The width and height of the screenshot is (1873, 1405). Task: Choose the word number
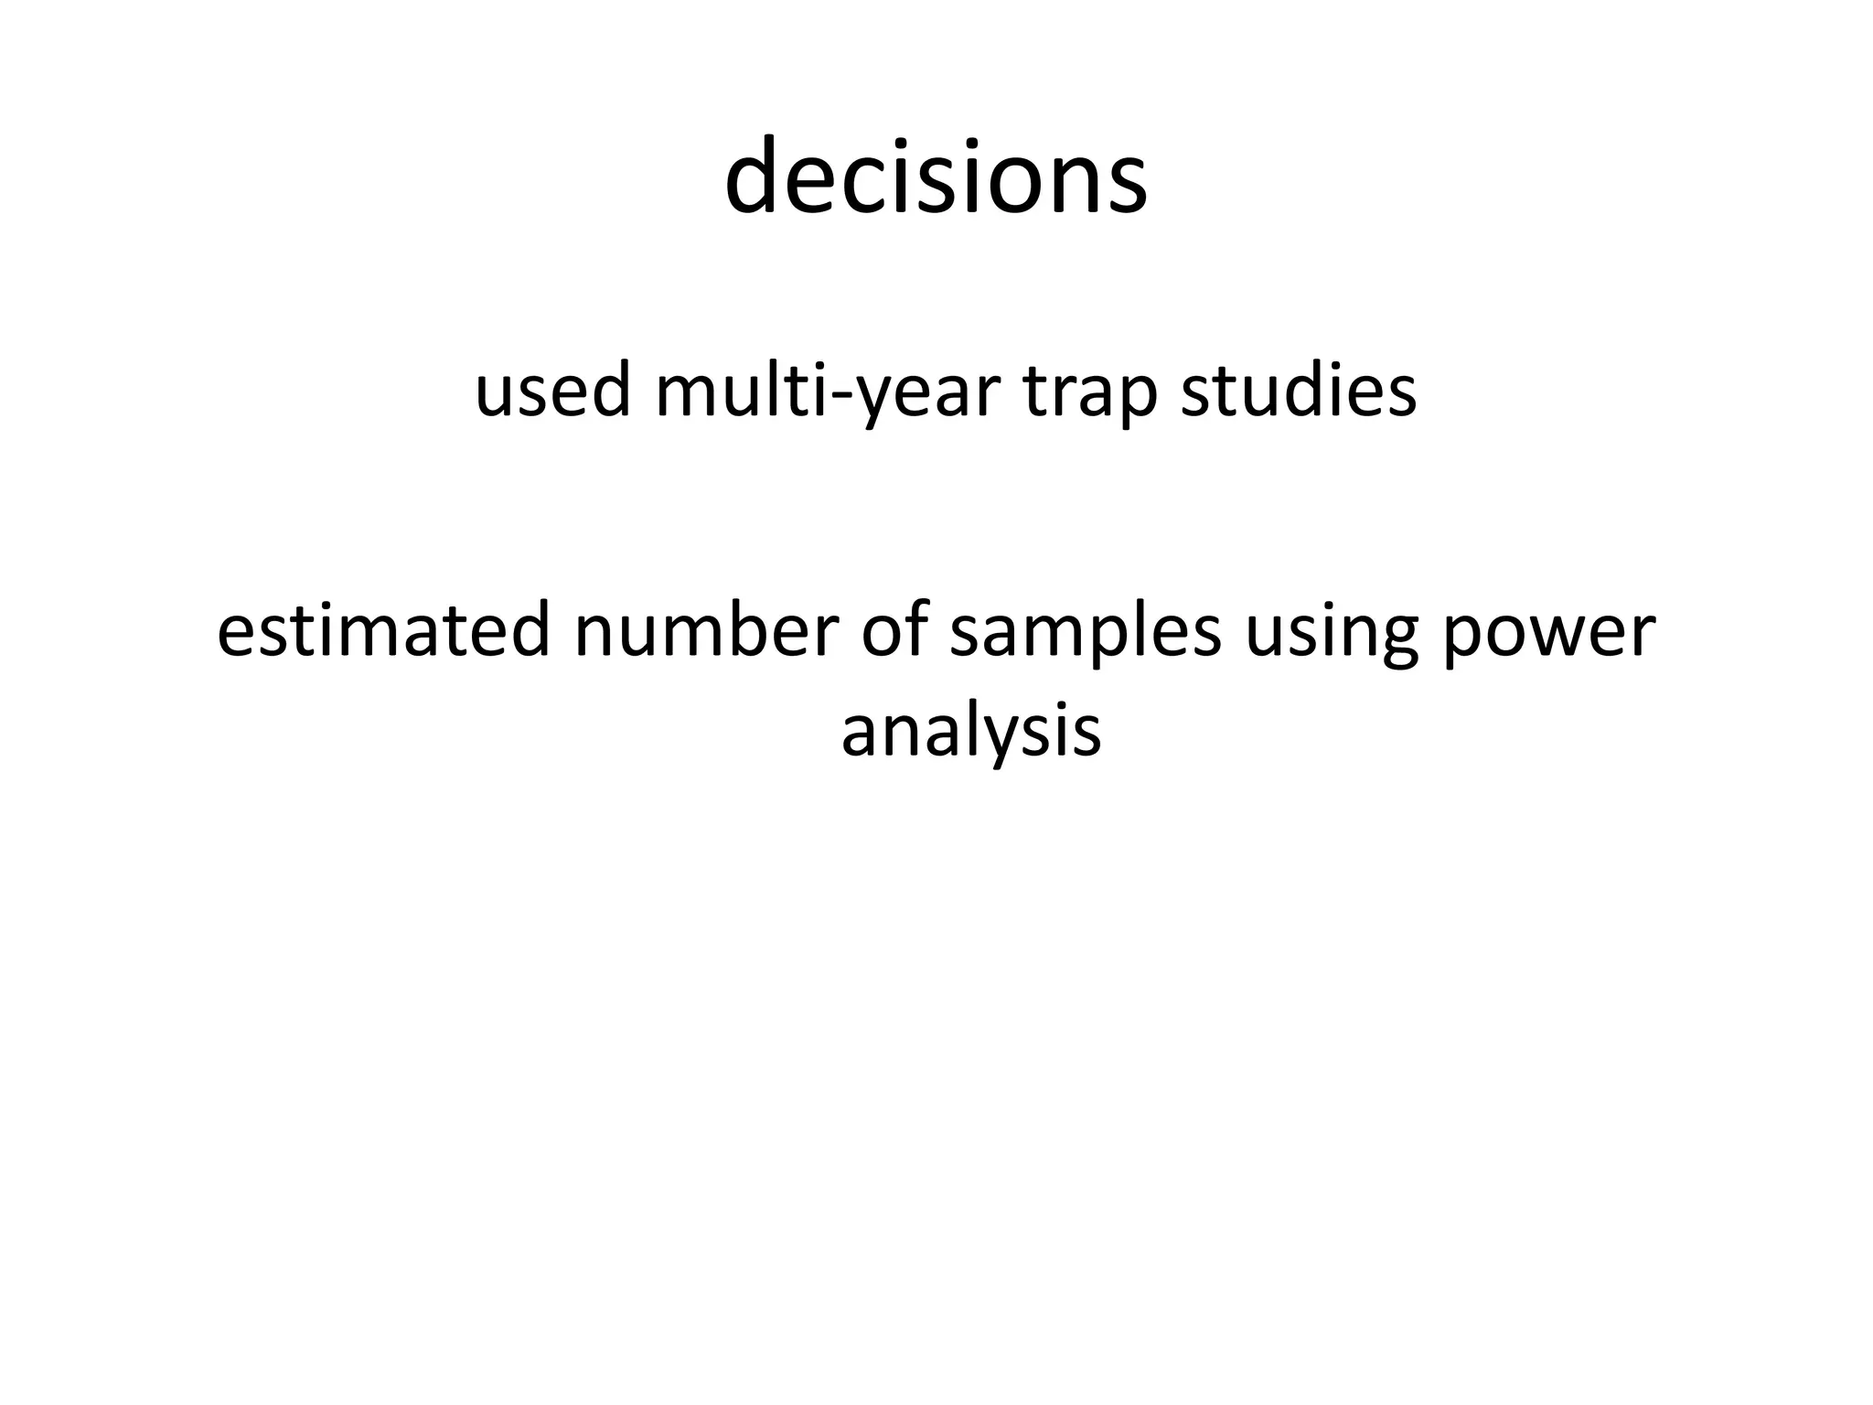click(706, 630)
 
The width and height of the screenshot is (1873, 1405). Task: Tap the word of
click(890, 630)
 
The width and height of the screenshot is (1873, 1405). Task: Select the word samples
click(1085, 630)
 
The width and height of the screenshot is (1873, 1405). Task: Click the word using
click(1332, 630)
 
